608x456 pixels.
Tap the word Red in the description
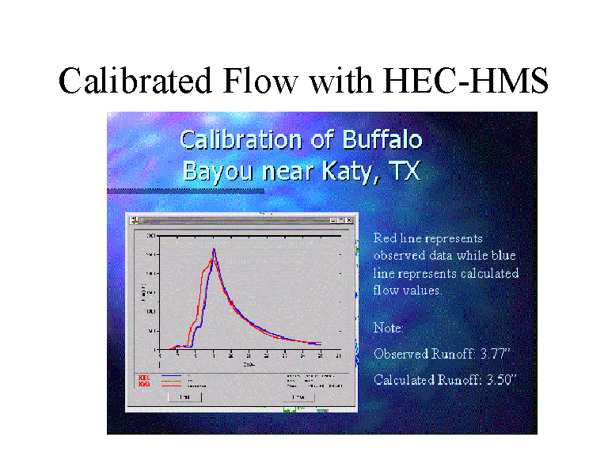tap(385, 238)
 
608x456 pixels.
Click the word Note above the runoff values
tap(389, 328)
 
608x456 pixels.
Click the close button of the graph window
tap(349, 220)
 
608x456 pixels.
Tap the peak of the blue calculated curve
tap(214, 249)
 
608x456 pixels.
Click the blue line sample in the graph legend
tap(172, 376)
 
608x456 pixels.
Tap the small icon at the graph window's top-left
tap(135, 220)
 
